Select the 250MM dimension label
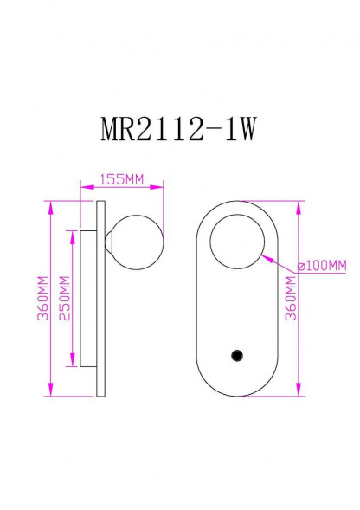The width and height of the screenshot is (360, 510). coord(63,300)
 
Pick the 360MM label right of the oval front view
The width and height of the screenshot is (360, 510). coord(291,300)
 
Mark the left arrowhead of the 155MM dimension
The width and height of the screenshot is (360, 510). coord(82,186)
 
